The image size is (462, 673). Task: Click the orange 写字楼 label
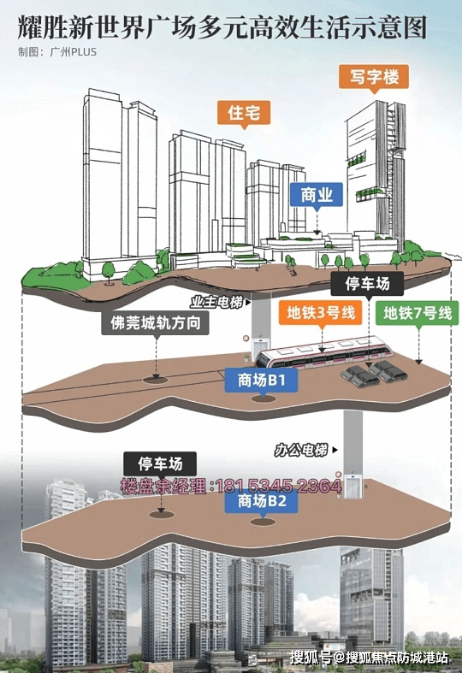click(x=374, y=77)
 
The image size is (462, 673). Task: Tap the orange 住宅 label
click(x=244, y=113)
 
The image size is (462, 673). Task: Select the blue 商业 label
click(x=317, y=195)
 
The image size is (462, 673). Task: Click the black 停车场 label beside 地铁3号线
click(x=367, y=283)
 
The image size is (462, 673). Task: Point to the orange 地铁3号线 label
click(x=321, y=312)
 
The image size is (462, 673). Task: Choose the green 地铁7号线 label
click(x=418, y=312)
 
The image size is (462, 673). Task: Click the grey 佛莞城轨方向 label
click(x=156, y=322)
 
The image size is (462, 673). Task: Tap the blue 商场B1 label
click(x=261, y=380)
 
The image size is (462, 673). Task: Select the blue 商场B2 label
click(x=261, y=501)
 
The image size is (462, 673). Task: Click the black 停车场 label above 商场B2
click(x=160, y=463)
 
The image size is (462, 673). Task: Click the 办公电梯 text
click(x=301, y=450)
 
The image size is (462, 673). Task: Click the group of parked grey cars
click(x=374, y=374)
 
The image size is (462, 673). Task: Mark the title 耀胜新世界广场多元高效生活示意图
click(x=222, y=28)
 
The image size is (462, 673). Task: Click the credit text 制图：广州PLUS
click(x=57, y=52)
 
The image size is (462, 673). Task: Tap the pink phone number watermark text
click(x=231, y=486)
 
